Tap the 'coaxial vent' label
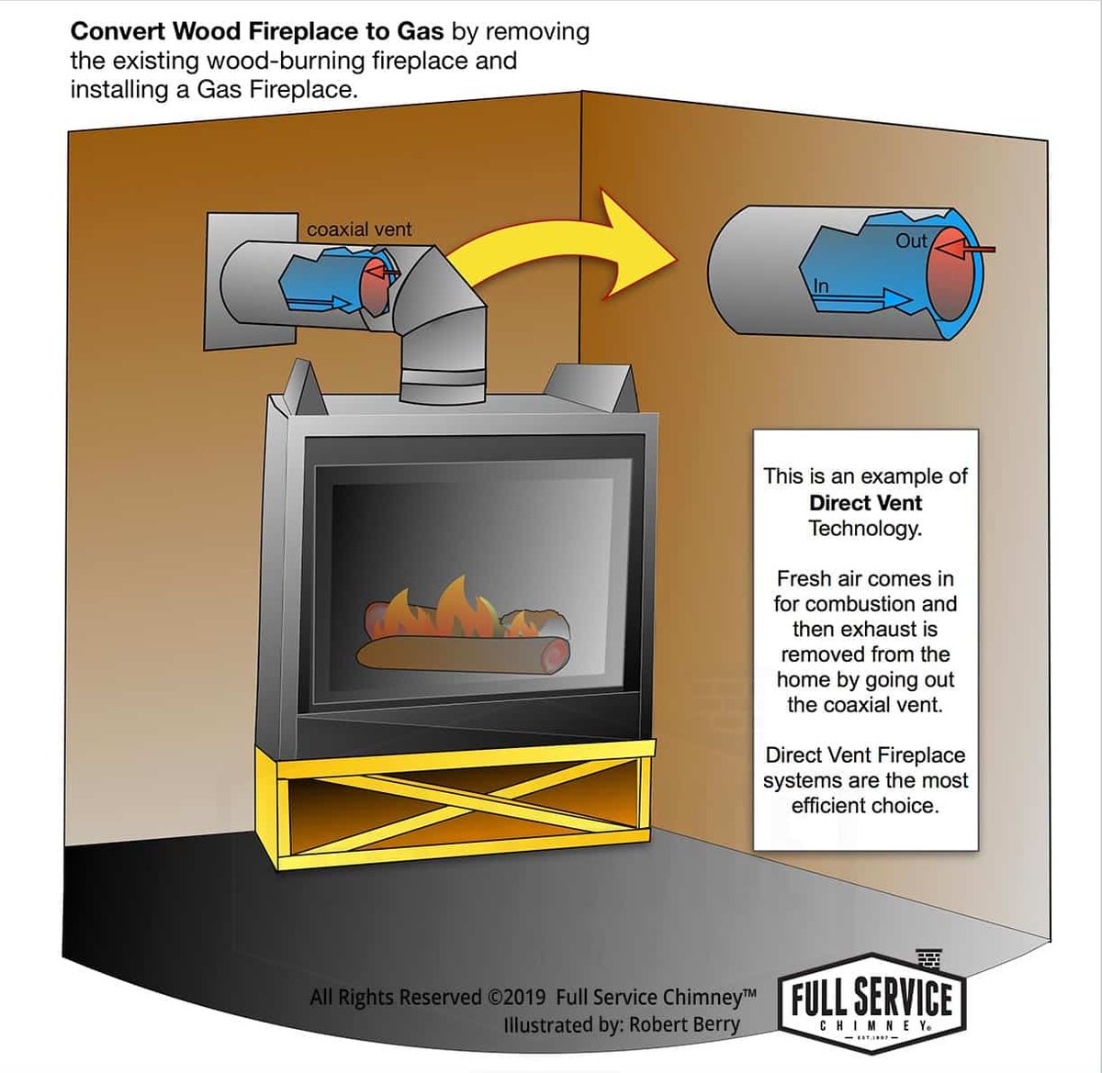pyautogui.click(x=359, y=229)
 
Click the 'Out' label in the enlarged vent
pyautogui.click(x=911, y=240)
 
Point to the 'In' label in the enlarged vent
pyautogui.click(x=820, y=286)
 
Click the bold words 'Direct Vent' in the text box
pyautogui.click(x=865, y=502)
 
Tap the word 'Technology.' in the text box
pyautogui.click(x=865, y=528)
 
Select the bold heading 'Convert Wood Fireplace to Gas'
pyautogui.click(x=257, y=31)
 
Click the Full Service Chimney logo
pyautogui.click(x=871, y=1003)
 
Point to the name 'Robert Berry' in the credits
pyautogui.click(x=684, y=1023)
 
